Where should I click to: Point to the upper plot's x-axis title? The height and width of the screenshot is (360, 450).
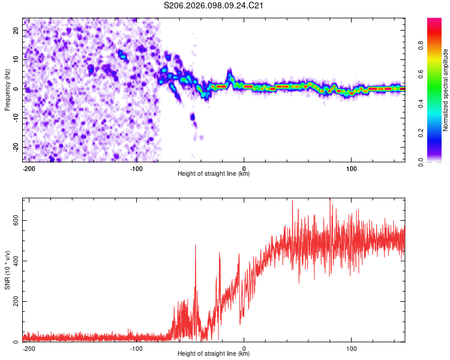pyautogui.click(x=214, y=174)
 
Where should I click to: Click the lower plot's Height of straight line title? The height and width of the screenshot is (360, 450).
pyautogui.click(x=214, y=354)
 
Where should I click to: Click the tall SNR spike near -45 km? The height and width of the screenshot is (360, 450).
pyautogui.click(x=195, y=246)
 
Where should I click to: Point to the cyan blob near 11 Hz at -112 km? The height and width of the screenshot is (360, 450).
pyautogui.click(x=123, y=56)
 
